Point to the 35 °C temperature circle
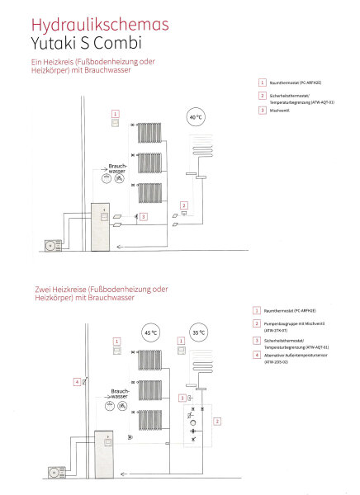coord(199,334)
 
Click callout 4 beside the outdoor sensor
coord(76,382)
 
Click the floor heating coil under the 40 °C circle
coord(202,148)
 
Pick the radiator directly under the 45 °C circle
coord(149,360)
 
